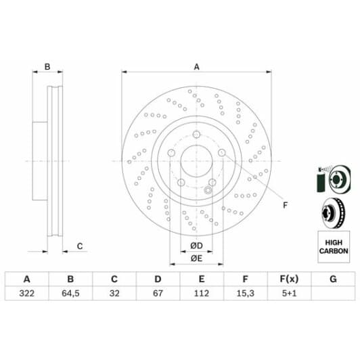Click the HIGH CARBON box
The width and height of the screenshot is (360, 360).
(x=332, y=246)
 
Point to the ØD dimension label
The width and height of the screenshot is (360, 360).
(x=196, y=244)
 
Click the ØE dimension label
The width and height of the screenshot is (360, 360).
(x=196, y=258)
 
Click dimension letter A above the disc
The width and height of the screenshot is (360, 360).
(x=197, y=66)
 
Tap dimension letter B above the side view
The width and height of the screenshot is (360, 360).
(x=47, y=66)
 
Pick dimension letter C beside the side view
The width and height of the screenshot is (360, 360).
(x=79, y=246)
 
